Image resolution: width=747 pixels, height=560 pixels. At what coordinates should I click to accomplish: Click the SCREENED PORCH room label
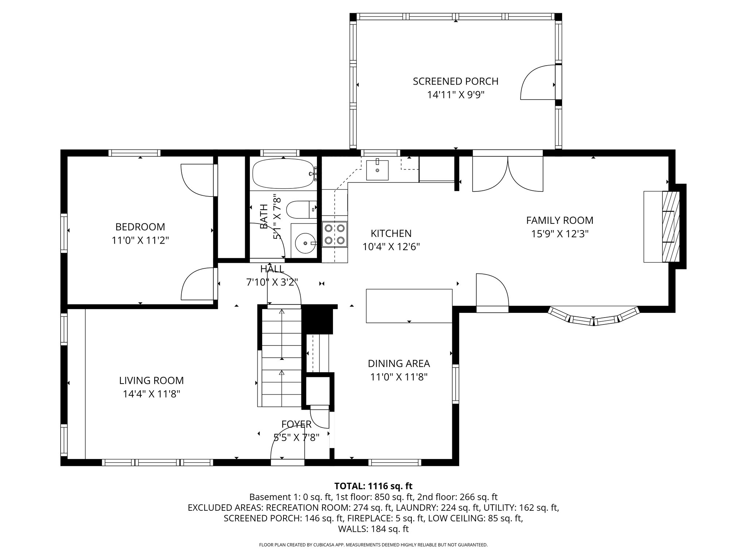coord(455,81)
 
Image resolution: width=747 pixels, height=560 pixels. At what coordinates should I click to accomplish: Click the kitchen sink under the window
coord(377,170)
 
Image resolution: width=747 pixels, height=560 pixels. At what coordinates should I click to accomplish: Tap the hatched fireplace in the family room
coord(671,226)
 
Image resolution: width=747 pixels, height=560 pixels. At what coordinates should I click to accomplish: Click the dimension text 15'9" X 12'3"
coord(560,234)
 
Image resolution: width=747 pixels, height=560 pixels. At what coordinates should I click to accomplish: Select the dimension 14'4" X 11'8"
coord(151,394)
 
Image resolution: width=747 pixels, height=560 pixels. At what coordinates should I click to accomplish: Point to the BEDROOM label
coord(140,227)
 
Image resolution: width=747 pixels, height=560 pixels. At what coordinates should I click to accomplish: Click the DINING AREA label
coord(398,363)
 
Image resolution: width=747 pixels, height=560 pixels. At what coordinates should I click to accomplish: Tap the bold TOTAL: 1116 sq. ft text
coord(373,486)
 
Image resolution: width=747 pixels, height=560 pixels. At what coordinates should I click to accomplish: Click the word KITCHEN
coord(391,233)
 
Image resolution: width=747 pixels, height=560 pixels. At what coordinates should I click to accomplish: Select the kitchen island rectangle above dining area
coord(409,306)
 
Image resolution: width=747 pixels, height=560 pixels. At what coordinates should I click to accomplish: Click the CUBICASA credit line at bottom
coord(373,545)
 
